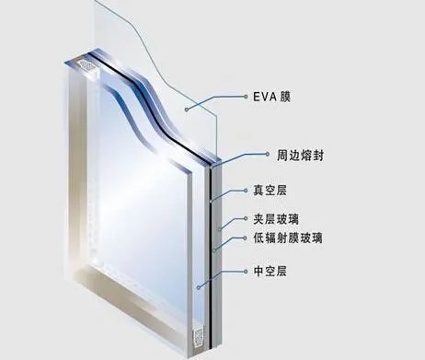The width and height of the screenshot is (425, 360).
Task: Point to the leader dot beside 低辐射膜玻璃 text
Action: [243, 238]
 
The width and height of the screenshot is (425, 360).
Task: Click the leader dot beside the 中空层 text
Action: [243, 272]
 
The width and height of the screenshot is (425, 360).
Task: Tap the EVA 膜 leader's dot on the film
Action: [184, 109]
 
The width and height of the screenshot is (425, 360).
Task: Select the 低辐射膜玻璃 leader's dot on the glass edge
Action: [213, 247]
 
